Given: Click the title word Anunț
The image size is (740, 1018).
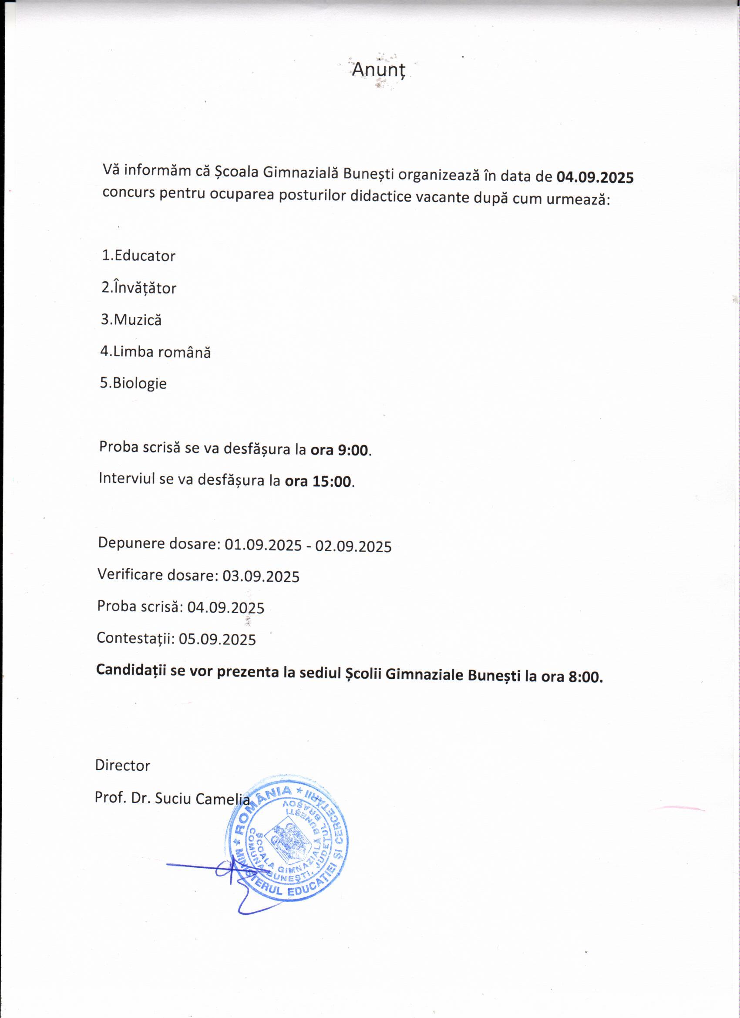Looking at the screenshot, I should pyautogui.click(x=378, y=70).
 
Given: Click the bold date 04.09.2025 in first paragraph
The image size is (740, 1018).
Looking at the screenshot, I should pyautogui.click(x=595, y=177).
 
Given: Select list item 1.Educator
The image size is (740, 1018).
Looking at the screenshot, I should pyautogui.click(x=139, y=256).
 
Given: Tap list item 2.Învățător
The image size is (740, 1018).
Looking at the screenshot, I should pyautogui.click(x=139, y=287).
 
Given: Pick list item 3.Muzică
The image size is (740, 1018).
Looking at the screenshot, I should pyautogui.click(x=131, y=320).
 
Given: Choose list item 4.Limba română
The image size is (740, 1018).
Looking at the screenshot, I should pyautogui.click(x=155, y=351).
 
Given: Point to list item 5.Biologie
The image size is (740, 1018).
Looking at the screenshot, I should pyautogui.click(x=133, y=383).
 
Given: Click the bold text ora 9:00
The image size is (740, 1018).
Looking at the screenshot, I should pyautogui.click(x=340, y=450).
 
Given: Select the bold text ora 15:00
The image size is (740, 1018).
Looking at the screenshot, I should pyautogui.click(x=318, y=481).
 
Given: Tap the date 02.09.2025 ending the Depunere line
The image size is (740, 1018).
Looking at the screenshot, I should pyautogui.click(x=353, y=546).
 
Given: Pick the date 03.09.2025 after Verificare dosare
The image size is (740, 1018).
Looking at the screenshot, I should pyautogui.click(x=261, y=576).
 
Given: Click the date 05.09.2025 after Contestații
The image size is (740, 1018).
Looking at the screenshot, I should pyautogui.click(x=217, y=639).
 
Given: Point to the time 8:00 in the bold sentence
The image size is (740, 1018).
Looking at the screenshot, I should pyautogui.click(x=585, y=677).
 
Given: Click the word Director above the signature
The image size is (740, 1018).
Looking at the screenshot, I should pyautogui.click(x=122, y=765).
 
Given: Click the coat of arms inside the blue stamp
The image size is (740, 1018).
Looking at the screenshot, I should pyautogui.click(x=286, y=840).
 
